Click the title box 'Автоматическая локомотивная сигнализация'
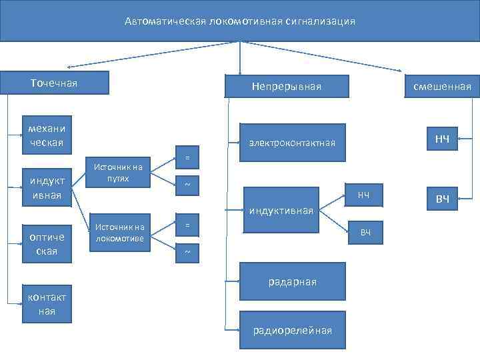240,21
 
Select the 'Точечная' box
54,83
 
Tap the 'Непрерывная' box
287,87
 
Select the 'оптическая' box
43,245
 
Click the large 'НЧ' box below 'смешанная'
442,139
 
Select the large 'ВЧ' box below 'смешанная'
442,199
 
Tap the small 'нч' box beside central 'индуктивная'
363,195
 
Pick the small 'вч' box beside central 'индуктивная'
365,232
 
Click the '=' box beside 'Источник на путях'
187,158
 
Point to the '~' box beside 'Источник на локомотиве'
187,252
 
